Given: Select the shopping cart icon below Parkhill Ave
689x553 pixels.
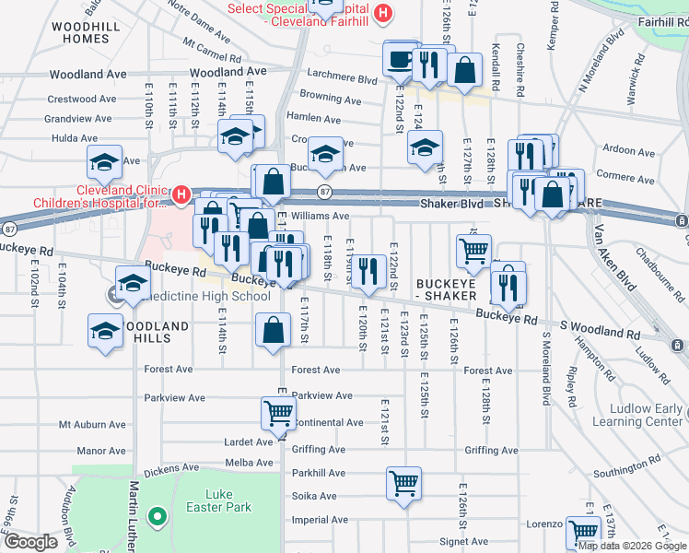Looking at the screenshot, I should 403,483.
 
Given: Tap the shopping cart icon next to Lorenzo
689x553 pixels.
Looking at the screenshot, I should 584,532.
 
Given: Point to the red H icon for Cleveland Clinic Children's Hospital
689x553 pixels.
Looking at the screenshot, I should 181,194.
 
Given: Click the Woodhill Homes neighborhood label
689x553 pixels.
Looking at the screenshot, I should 85,33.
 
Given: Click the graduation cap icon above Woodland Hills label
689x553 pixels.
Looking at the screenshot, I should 134,284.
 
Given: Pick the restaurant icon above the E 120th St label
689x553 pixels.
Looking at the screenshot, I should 368,270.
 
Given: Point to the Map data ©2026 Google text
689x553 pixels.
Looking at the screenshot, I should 632,546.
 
